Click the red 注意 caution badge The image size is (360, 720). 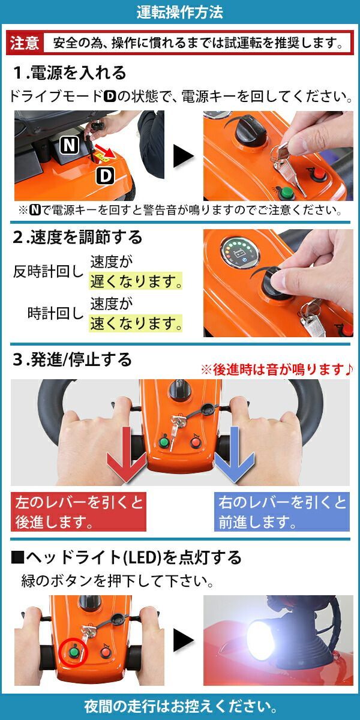25,43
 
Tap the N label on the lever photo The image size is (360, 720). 70,145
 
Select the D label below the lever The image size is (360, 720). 106,175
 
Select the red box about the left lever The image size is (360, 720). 79,511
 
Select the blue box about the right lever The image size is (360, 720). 281,511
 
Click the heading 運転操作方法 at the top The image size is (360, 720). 179,12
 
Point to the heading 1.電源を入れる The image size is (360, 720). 70,73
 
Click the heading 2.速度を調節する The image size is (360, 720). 77,237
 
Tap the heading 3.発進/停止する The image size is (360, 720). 73,359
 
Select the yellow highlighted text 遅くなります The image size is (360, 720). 136,281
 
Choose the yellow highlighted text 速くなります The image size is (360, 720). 136,323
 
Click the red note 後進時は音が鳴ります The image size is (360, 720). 277,370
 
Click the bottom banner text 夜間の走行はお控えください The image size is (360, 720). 181,706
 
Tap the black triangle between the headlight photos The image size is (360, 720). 184,640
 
